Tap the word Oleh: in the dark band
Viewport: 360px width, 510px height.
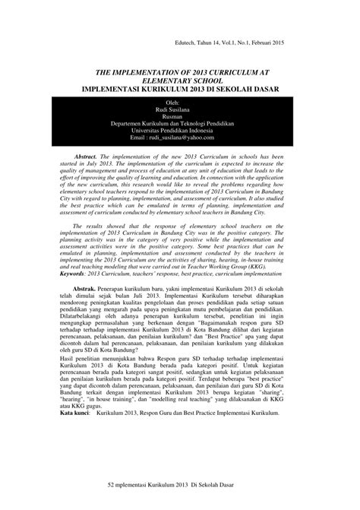click(x=179, y=102)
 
